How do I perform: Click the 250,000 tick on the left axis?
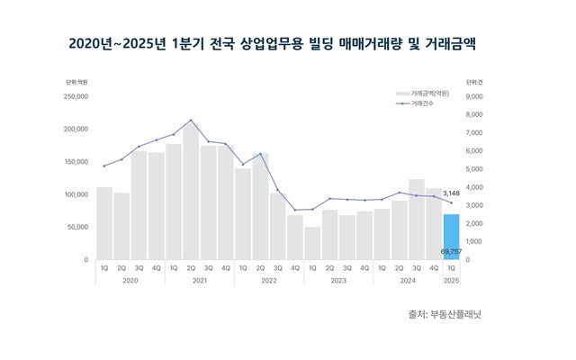tap(74, 96)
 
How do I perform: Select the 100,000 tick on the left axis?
tap(74, 194)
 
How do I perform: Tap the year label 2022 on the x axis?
tap(269, 281)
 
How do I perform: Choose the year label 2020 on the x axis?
tap(130, 281)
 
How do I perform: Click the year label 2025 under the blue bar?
tap(451, 281)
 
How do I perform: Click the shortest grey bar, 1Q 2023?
tap(312, 243)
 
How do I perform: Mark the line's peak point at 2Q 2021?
tap(191, 120)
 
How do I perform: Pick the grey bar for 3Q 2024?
tap(417, 220)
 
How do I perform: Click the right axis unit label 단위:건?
tap(476, 83)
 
